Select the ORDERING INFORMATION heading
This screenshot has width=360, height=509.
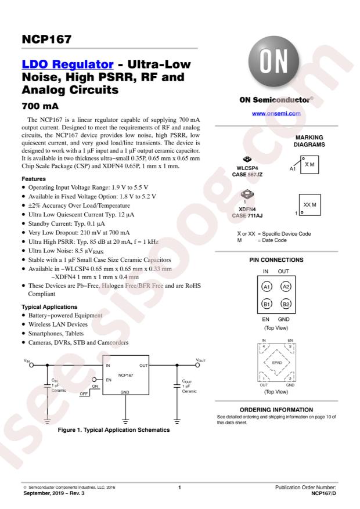pos(272,410)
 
